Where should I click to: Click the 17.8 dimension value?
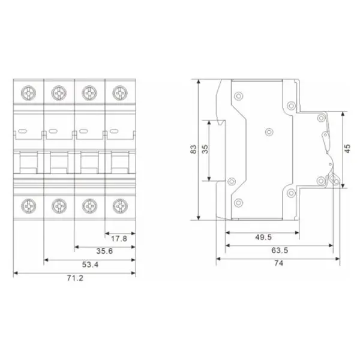[119, 239]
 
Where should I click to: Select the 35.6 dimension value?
[104, 251]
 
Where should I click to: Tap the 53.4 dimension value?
[90, 265]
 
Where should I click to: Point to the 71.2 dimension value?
[75, 278]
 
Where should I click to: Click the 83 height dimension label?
[194, 149]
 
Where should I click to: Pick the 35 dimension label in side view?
[205, 149]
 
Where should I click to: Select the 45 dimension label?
[347, 149]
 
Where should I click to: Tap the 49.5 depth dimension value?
[263, 238]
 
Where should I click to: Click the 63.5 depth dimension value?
[280, 250]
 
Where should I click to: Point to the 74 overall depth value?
[279, 263]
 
